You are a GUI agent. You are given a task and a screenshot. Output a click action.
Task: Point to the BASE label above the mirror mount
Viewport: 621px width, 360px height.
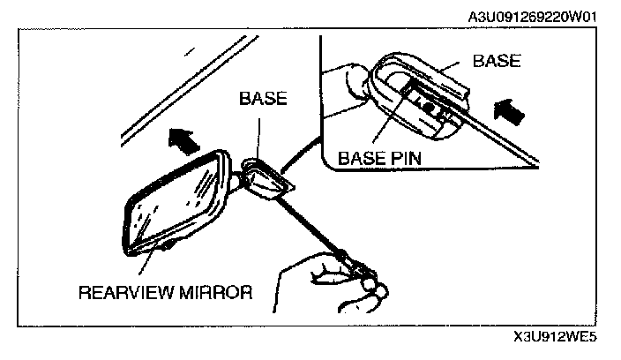click(x=263, y=99)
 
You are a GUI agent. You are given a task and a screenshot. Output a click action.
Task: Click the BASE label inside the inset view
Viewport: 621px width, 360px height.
click(x=497, y=61)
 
